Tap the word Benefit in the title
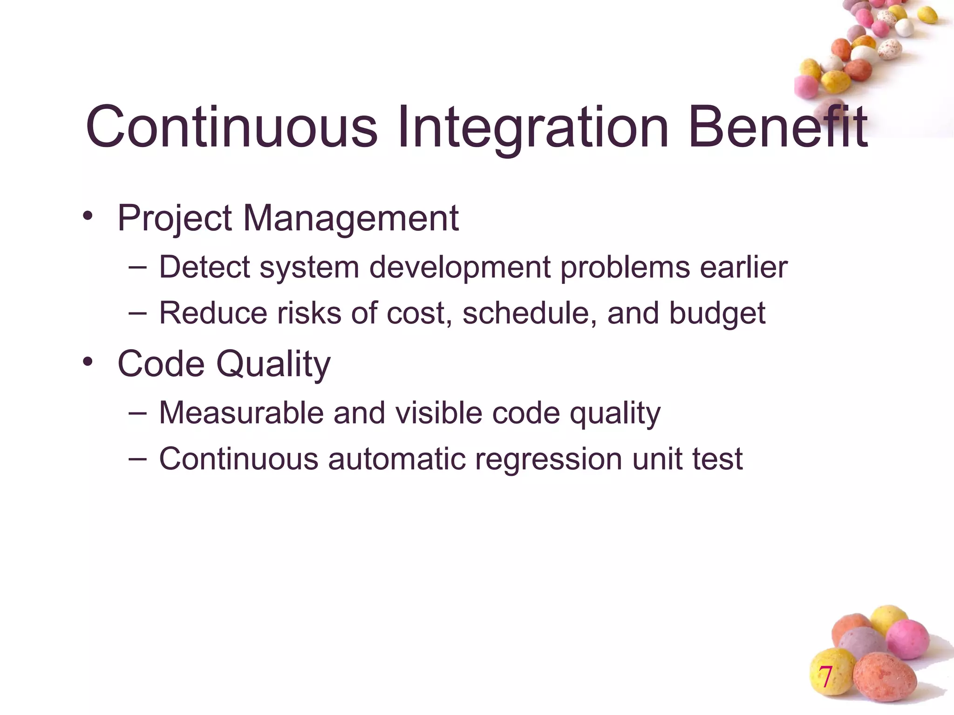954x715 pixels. point(777,127)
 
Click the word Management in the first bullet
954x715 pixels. point(351,218)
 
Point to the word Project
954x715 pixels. point(175,218)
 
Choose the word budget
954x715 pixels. point(717,314)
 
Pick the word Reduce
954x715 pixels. point(213,313)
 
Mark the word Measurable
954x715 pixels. point(241,413)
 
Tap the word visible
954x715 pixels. point(439,413)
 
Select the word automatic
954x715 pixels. point(396,459)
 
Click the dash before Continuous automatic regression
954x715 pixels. point(137,459)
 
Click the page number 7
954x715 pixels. point(825,677)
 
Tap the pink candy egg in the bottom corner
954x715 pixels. point(907,639)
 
